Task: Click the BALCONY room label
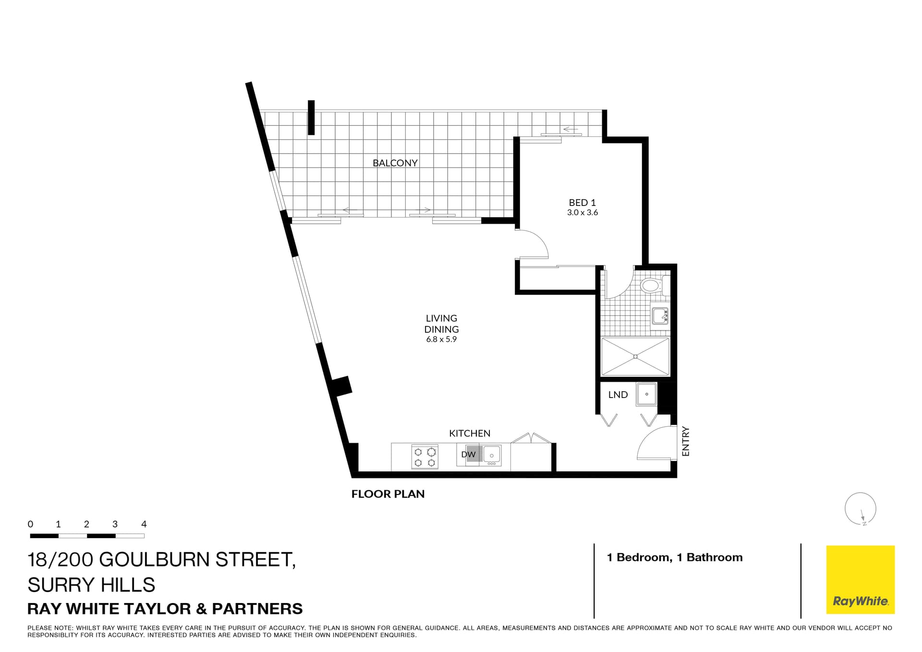tap(395, 163)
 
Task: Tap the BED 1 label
tap(582, 203)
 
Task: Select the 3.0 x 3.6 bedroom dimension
tap(582, 213)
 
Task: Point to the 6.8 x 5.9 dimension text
tap(441, 339)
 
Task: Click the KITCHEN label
tap(469, 433)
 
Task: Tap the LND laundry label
tap(618, 395)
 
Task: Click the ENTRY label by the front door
tap(685, 441)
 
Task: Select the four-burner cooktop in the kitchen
tap(425, 457)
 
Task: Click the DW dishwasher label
tap(468, 454)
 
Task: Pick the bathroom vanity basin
tap(660, 316)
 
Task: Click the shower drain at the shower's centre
tap(635, 356)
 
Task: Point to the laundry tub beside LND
tap(646, 395)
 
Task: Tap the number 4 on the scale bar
tap(144, 524)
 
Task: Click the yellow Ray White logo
tap(860, 580)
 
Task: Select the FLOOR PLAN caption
tap(388, 494)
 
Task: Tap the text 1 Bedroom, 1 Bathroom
tap(674, 557)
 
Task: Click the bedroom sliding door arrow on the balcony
tap(570, 129)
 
